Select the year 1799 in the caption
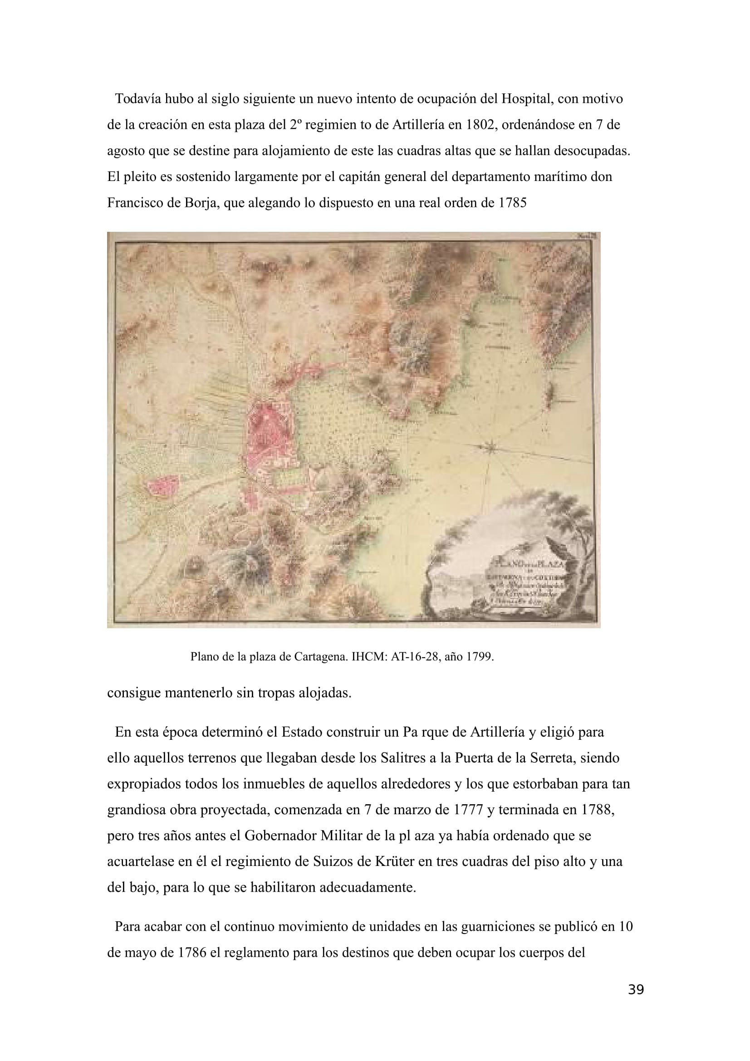479,657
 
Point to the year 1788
597,810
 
